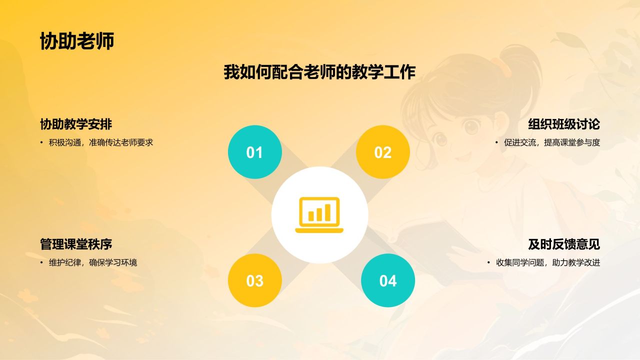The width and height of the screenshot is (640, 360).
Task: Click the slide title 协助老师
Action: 77,41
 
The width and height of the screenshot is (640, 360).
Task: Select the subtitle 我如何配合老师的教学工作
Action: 319,72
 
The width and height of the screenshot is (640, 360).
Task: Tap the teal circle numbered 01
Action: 254,152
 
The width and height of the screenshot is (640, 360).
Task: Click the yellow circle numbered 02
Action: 382,152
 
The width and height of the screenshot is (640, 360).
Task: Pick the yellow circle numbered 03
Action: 254,280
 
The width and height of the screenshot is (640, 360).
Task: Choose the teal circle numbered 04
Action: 387,280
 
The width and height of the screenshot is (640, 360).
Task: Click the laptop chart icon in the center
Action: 319,215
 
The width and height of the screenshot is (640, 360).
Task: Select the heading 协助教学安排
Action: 76,124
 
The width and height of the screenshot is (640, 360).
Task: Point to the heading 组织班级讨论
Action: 563,124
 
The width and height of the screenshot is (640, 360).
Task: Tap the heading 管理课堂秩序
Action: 76,244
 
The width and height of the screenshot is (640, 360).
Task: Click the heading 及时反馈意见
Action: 563,244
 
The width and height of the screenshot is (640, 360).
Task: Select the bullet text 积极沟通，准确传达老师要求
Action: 100,142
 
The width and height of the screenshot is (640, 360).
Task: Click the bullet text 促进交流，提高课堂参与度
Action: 551,142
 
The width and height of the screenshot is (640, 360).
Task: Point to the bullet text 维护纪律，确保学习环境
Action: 92,262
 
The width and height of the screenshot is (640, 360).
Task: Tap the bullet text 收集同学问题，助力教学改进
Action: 547,262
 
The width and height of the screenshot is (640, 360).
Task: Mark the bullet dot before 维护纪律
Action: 42,262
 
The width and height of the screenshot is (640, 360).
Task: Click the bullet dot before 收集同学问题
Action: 489,262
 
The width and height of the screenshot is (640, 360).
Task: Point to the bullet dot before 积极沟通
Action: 42,142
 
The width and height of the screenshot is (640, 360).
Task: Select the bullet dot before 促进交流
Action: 497,142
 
